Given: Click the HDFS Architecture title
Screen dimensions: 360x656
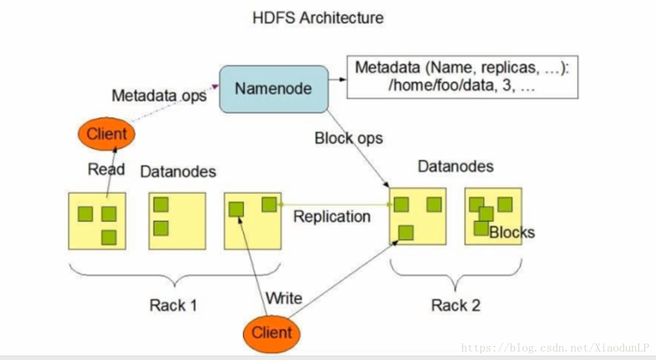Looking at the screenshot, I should click(318, 18).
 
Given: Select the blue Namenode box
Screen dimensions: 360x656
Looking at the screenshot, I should click(273, 89).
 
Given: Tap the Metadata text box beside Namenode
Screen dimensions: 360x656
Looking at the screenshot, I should click(462, 77).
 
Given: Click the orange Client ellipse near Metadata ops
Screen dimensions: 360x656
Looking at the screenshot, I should click(106, 134).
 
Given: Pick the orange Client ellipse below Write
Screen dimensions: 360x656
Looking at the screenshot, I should click(271, 333).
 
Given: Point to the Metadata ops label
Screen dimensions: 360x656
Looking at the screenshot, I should click(159, 96).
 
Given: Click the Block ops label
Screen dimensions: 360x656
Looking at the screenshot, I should click(348, 138).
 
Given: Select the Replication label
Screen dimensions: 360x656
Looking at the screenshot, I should click(331, 217).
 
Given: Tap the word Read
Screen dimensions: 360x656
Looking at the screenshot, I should click(106, 169).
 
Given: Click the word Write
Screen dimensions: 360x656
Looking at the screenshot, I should click(283, 298).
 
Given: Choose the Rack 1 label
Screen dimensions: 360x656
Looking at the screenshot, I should click(173, 305).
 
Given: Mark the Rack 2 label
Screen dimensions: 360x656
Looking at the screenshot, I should click(455, 305).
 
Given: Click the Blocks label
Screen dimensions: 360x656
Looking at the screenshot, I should click(512, 233).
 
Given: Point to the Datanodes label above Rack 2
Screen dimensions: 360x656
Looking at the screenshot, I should click(455, 166).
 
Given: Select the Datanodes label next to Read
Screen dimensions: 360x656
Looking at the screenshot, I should click(178, 172).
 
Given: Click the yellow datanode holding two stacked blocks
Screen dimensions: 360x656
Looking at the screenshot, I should click(177, 221).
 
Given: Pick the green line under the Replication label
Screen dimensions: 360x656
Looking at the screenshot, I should click(334, 205).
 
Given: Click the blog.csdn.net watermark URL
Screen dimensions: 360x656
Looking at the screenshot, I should click(555, 348).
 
